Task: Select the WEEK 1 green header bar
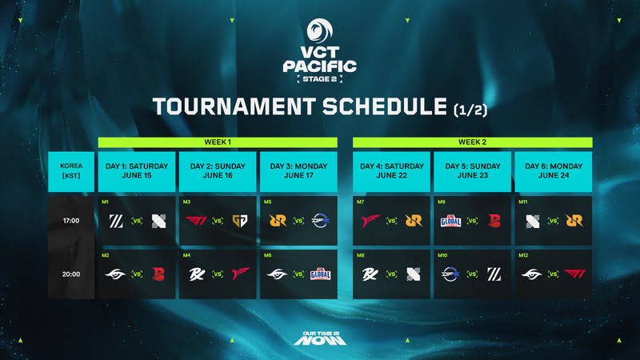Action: (218, 142)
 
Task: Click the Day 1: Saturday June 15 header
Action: (137, 171)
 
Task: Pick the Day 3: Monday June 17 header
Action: (298, 171)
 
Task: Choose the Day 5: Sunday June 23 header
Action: (472, 171)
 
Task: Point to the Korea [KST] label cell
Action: (71, 171)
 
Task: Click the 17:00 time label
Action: (71, 220)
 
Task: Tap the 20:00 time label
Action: (71, 274)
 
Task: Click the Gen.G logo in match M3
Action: (238, 221)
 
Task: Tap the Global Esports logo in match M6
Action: (319, 275)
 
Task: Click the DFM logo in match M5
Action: (319, 221)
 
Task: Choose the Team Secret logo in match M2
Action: (116, 275)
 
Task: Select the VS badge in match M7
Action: (391, 221)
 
